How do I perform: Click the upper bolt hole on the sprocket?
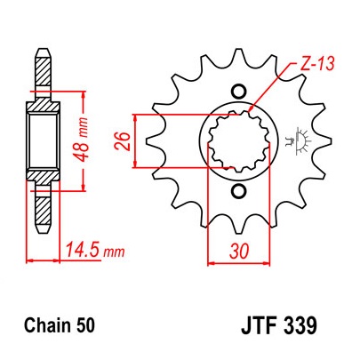coord(236,90)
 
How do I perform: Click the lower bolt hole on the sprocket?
coord(236,194)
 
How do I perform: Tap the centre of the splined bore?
coord(236,141)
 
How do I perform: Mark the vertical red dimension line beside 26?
coord(133,140)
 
